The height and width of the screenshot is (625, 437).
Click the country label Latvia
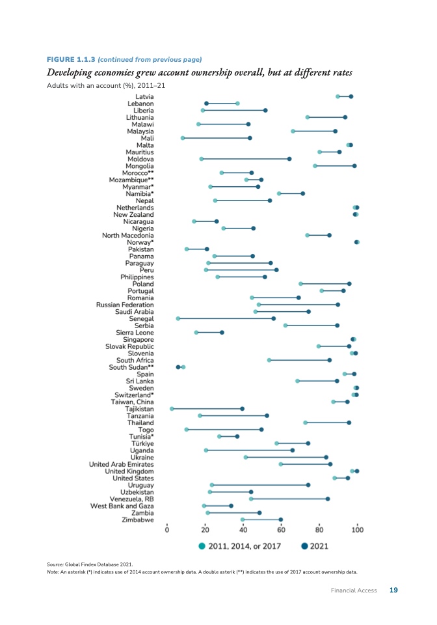[144, 96]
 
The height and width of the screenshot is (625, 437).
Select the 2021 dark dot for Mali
[250, 138]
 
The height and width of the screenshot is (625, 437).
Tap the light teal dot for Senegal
[178, 318]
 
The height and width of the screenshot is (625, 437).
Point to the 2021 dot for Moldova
[289, 159]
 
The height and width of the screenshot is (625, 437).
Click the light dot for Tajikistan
[172, 409]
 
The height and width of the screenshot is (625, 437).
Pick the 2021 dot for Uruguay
[308, 485]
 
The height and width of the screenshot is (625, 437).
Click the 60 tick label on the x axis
[281, 530]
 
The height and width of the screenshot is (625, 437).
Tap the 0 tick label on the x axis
[168, 530]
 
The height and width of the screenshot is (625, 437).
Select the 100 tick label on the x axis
[357, 530]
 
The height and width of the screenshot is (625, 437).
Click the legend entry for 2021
[314, 546]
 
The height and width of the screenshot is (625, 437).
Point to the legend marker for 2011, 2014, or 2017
[202, 546]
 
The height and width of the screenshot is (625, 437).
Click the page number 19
[393, 590]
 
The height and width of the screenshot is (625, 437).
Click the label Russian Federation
[125, 305]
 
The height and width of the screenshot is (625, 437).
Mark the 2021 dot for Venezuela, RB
[328, 499]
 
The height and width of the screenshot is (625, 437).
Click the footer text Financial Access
[354, 590]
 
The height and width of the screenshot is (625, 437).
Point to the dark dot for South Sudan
[178, 367]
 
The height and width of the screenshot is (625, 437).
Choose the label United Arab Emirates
[122, 464]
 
